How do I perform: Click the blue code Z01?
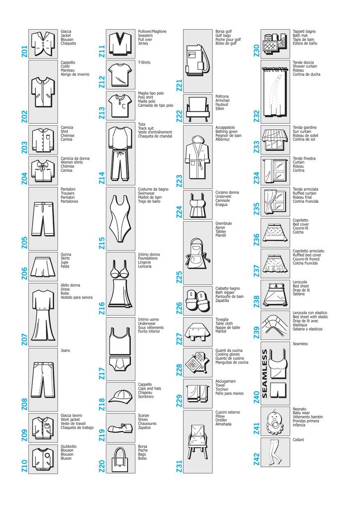click(x=25, y=52)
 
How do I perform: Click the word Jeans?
click(x=65, y=350)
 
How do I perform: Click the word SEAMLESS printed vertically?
click(x=265, y=374)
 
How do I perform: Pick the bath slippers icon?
click(x=198, y=301)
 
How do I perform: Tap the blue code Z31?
click(x=179, y=466)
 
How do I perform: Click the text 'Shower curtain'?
click(x=305, y=66)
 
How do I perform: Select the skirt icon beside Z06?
click(x=43, y=267)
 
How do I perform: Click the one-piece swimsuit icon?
click(x=120, y=218)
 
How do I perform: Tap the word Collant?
click(x=298, y=440)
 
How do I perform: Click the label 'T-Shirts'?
click(x=144, y=62)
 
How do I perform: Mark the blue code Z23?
click(x=179, y=181)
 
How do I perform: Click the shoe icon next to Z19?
click(x=121, y=428)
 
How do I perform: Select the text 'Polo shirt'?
click(x=145, y=97)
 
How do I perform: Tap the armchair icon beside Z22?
click(x=198, y=110)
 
